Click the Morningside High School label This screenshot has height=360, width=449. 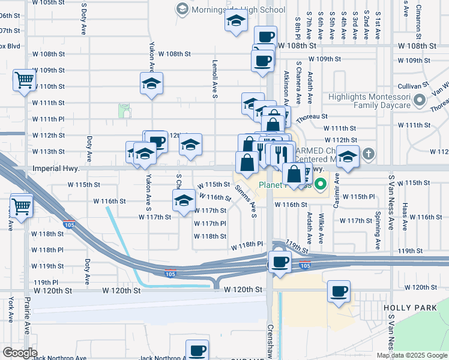click(237, 10)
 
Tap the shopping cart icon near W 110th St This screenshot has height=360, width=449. click(23, 79)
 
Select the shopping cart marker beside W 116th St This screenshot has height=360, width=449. click(21, 206)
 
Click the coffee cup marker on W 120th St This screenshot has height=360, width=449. click(339, 292)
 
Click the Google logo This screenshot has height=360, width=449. click(19, 353)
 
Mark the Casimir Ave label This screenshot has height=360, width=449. click(336, 190)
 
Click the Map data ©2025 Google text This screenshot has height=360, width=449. click(412, 355)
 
